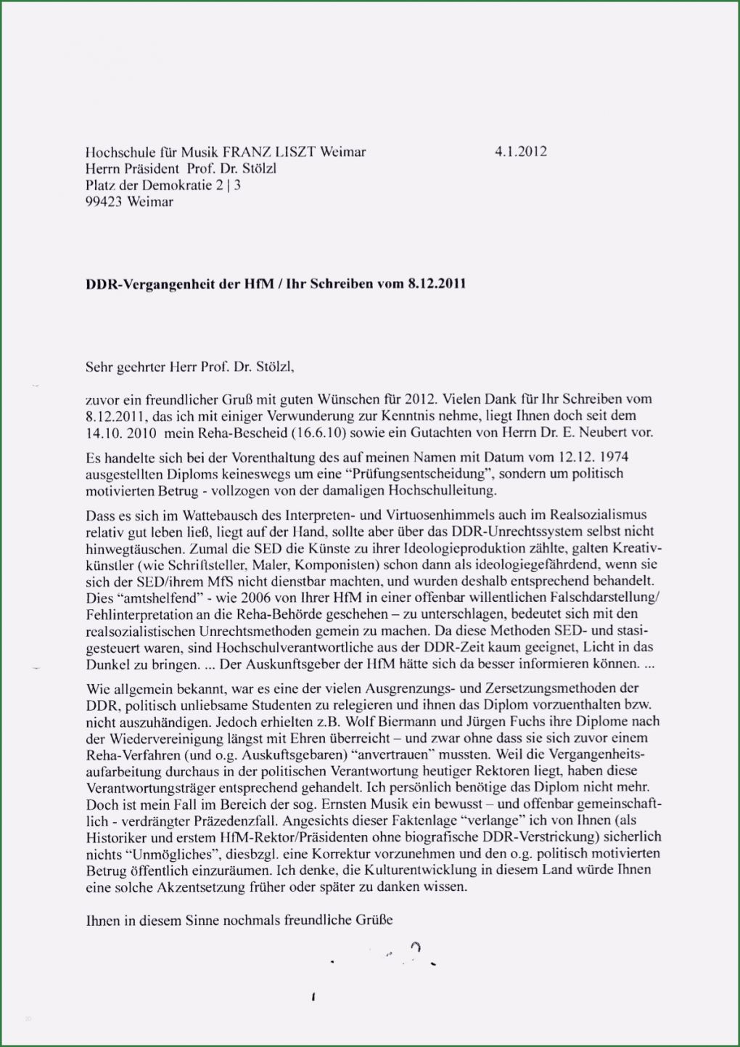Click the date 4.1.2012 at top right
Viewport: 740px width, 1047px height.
click(x=521, y=152)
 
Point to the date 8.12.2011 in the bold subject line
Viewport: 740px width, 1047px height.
click(x=437, y=284)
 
